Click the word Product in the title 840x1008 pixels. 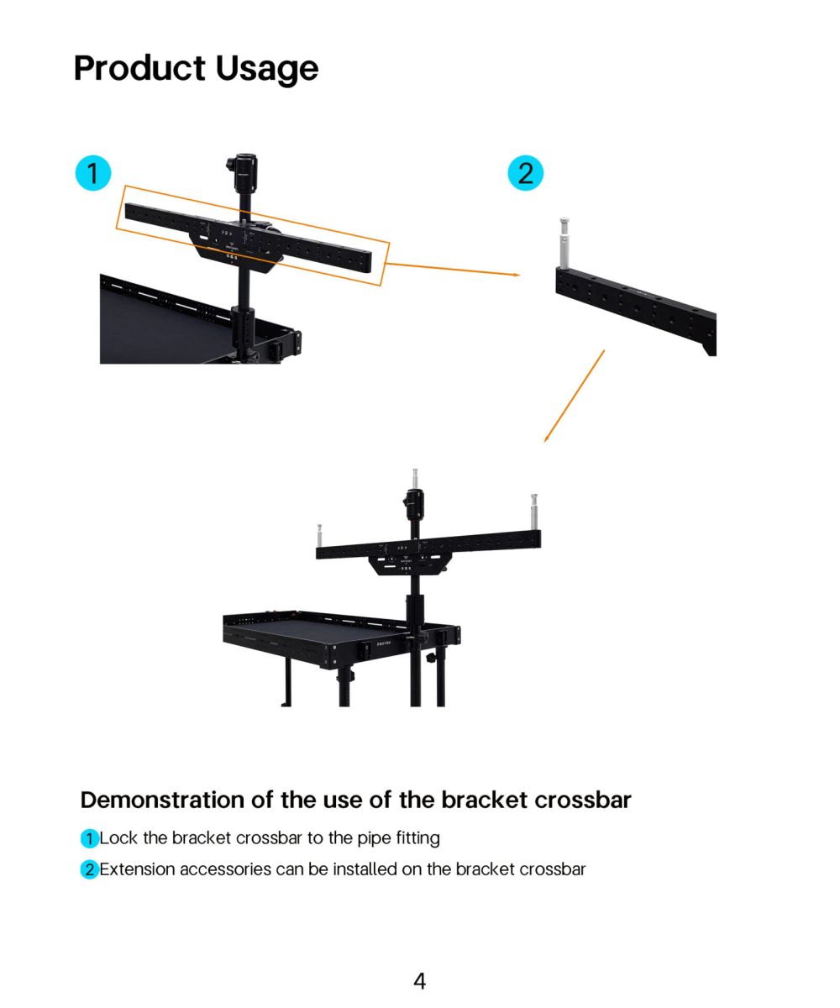(140, 68)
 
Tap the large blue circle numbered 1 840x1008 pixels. (93, 173)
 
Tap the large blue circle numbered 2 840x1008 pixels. (525, 173)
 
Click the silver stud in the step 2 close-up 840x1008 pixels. (564, 244)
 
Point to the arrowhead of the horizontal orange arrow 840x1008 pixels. (517, 275)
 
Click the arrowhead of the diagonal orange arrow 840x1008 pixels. (546, 438)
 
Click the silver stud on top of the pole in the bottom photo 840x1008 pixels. (415, 479)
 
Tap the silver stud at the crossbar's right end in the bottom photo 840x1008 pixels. (534, 512)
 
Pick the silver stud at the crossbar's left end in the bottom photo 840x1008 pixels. (319, 535)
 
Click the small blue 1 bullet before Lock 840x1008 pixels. (89, 838)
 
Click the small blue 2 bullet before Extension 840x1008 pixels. (89, 869)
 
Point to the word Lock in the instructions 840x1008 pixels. (118, 838)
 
